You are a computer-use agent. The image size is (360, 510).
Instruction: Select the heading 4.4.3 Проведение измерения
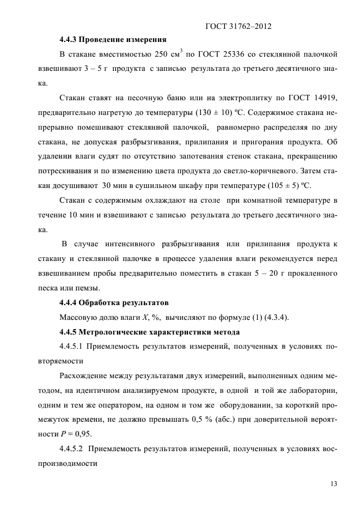click(x=113, y=40)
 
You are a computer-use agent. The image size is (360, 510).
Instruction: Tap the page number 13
click(x=333, y=483)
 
